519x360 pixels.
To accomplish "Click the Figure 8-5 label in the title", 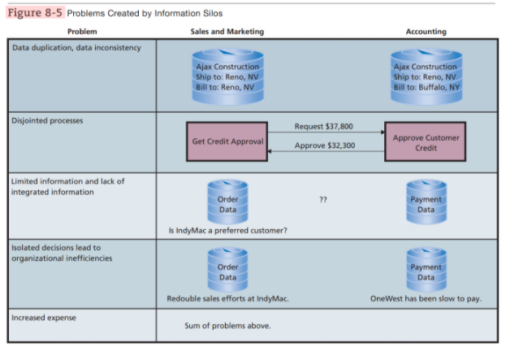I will point(32,12).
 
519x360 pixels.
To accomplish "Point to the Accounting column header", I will point(426,31).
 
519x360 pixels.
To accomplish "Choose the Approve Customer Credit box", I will point(426,142).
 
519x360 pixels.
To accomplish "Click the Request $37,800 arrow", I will point(326,131).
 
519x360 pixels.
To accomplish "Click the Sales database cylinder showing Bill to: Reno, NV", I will point(227,76).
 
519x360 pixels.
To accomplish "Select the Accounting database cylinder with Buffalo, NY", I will point(425,76).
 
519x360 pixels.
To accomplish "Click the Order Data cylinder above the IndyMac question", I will point(228,202).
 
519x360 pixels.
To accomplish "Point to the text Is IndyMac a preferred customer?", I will point(228,230).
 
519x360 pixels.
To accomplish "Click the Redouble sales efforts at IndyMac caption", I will point(228,298).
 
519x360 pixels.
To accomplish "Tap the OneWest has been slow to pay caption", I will point(426,298).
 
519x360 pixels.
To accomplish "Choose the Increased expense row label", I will point(42,317).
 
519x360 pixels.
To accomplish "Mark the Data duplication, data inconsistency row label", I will point(76,47).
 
